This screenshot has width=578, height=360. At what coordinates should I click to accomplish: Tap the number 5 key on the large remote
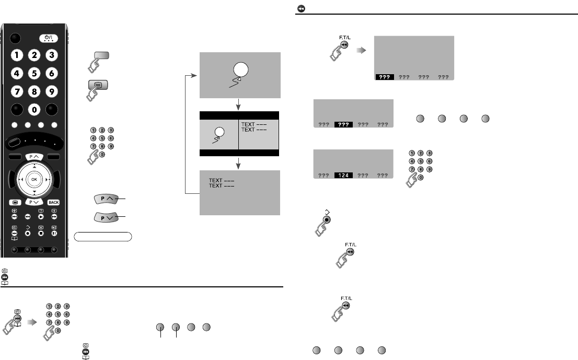(x=34, y=74)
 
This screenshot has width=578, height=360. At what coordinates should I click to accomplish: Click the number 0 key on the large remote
(x=34, y=110)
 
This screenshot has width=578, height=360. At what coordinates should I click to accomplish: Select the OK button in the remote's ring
(x=34, y=179)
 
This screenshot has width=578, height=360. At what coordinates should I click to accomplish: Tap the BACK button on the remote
(x=53, y=202)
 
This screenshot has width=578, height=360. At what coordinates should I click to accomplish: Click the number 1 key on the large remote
(x=18, y=55)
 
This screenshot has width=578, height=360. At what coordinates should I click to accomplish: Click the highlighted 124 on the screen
(x=345, y=176)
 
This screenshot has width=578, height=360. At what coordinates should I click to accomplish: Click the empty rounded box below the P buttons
(x=102, y=236)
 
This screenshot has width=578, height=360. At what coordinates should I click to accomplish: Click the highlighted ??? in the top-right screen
(x=385, y=77)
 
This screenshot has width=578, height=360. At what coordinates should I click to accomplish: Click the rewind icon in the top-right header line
(x=302, y=8)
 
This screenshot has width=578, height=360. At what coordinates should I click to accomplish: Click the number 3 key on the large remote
(x=51, y=55)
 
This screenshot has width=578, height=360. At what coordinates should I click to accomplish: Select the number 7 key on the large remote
(x=18, y=92)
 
